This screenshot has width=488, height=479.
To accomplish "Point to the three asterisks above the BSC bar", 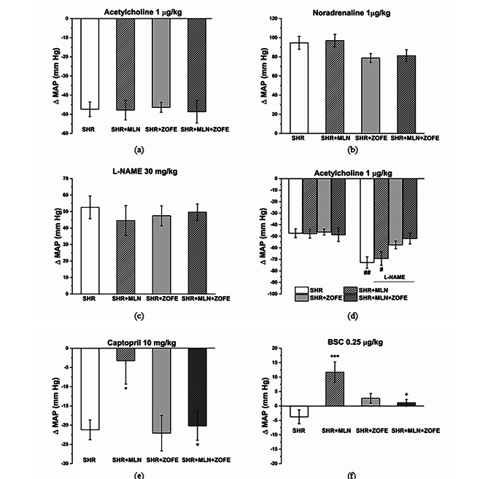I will coord(334,357).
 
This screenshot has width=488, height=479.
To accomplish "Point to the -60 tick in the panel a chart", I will coord(25,134).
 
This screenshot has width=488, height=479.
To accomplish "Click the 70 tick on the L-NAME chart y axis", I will coord(25,179).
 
